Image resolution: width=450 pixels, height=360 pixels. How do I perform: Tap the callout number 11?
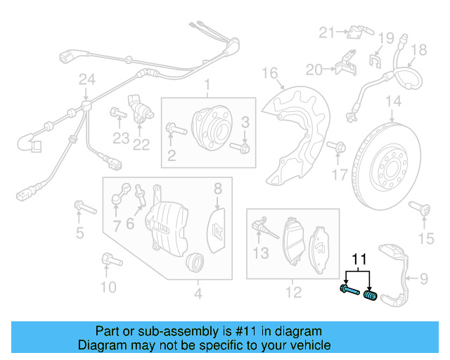pos(359,259)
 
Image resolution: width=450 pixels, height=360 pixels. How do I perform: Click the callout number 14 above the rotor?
pos(393,102)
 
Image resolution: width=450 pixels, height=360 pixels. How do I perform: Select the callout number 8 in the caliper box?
pos(218,188)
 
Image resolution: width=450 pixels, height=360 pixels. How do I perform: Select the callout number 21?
pos(326,32)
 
